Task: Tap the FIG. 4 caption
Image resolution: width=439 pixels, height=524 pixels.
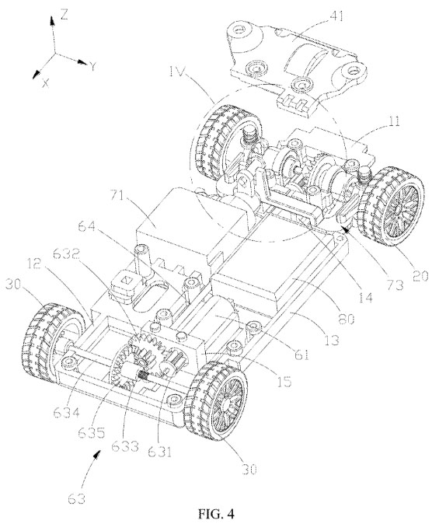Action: [x=217, y=513]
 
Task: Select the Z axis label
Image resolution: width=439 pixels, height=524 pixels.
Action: [x=64, y=14]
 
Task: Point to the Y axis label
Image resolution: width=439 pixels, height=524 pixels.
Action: [x=92, y=67]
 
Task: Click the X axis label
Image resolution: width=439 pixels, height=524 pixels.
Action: [x=46, y=83]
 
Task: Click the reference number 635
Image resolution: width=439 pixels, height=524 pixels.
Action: [x=92, y=432]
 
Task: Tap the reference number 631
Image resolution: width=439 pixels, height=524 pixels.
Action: [x=160, y=452]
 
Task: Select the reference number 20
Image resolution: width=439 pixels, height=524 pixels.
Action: [x=420, y=276]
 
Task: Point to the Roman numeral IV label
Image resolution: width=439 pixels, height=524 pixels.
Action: [x=176, y=72]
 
